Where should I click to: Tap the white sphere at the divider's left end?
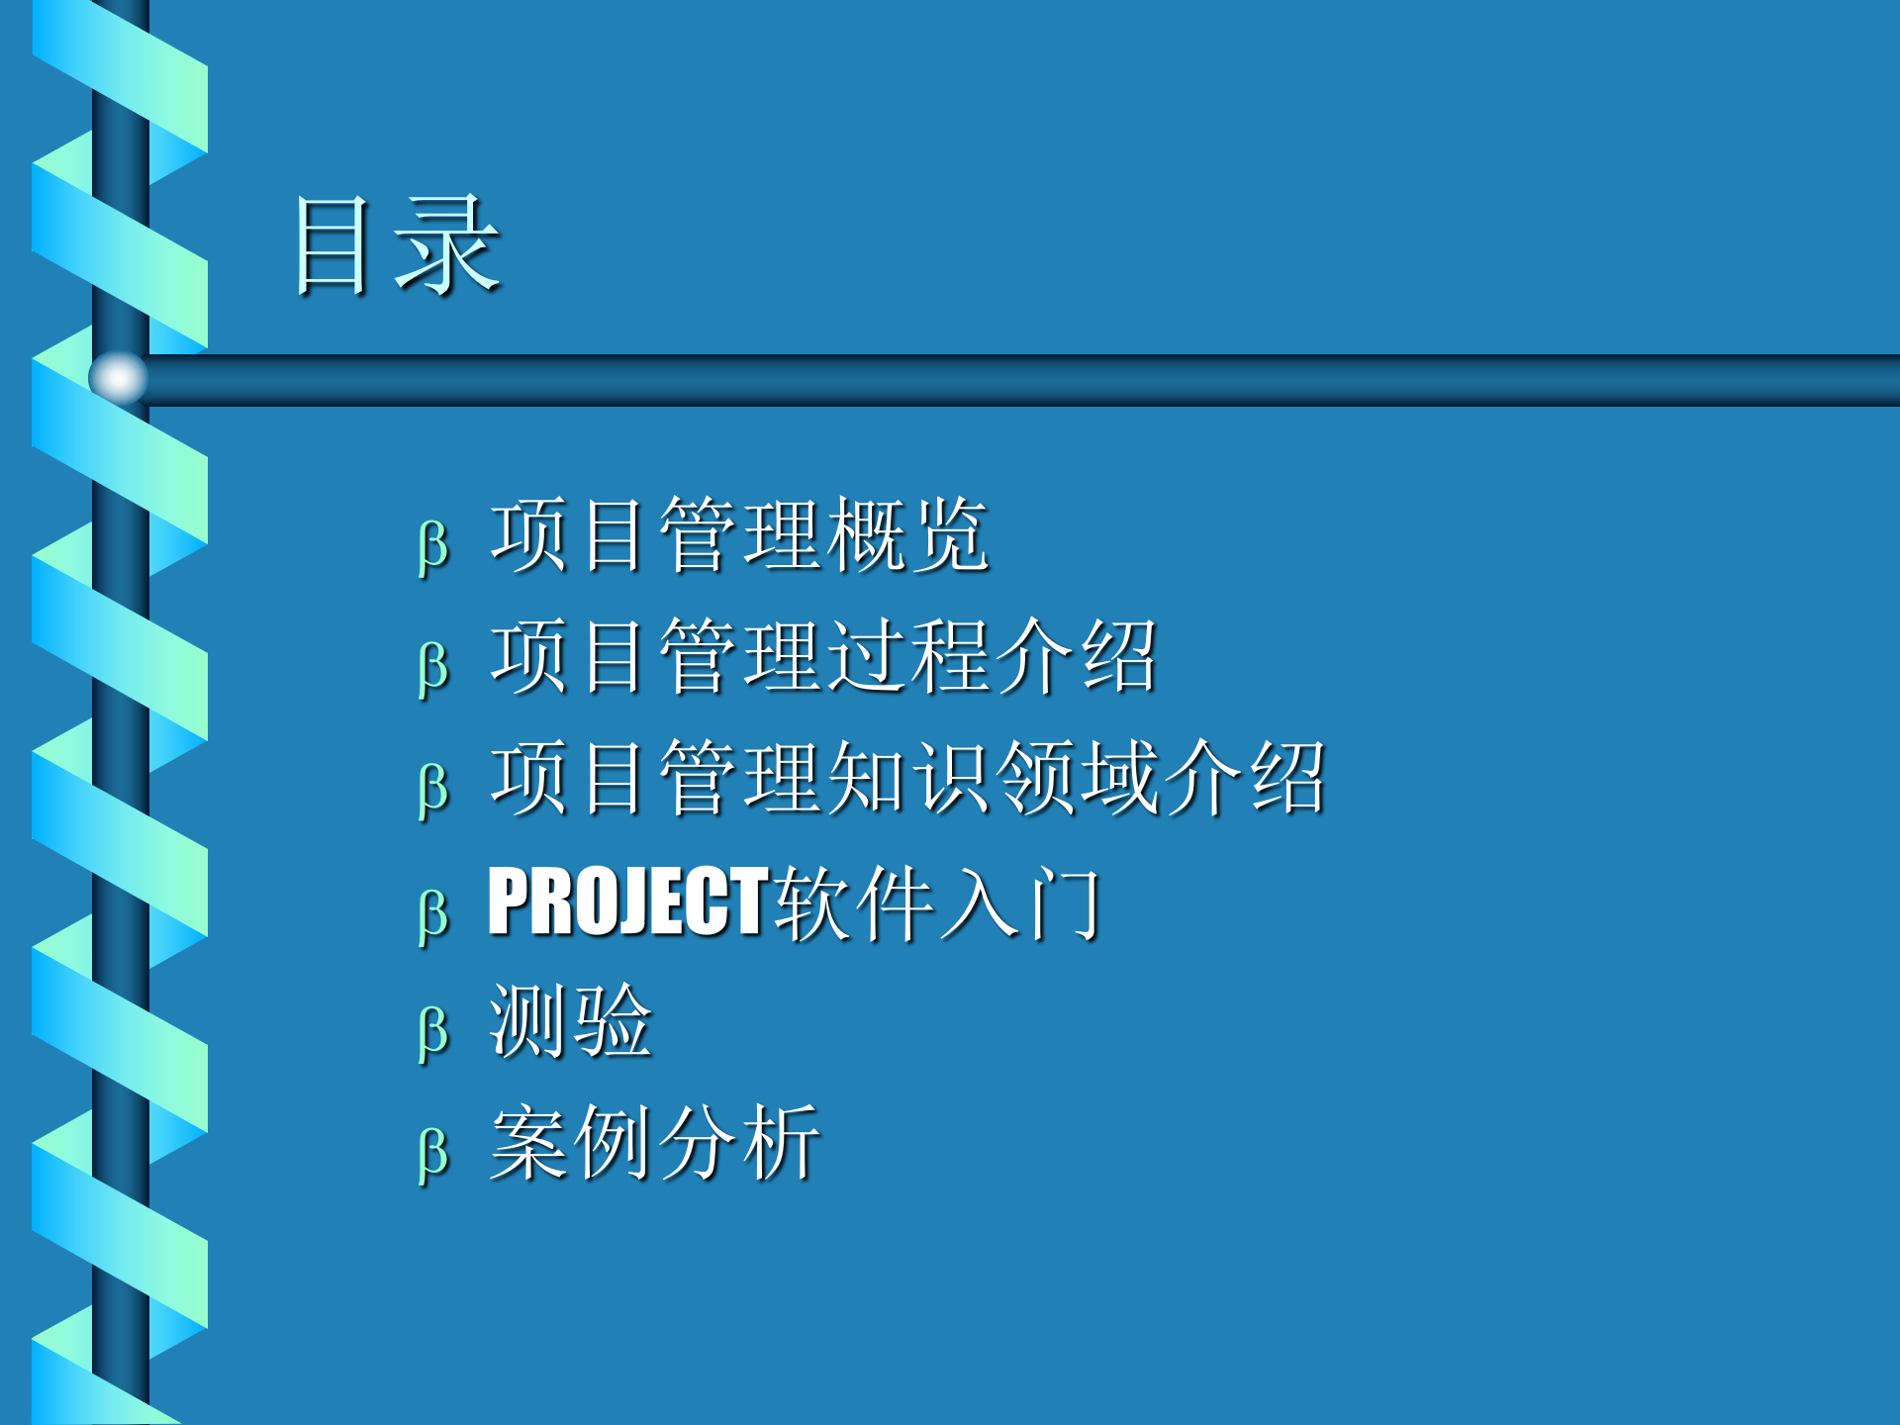pos(118,377)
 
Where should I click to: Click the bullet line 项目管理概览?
pos(738,535)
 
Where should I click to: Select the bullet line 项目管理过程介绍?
pos(822,656)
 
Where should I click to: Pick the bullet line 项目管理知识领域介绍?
pos(906,779)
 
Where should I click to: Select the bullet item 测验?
pos(570,1021)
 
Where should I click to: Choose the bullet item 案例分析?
pos(654,1143)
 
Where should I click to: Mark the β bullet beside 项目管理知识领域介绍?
pos(433,789)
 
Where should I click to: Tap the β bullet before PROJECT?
pos(433,912)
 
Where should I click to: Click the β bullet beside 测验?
pos(433,1031)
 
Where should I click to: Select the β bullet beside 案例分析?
pos(433,1153)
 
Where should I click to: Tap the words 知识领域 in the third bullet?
pos(992,779)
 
